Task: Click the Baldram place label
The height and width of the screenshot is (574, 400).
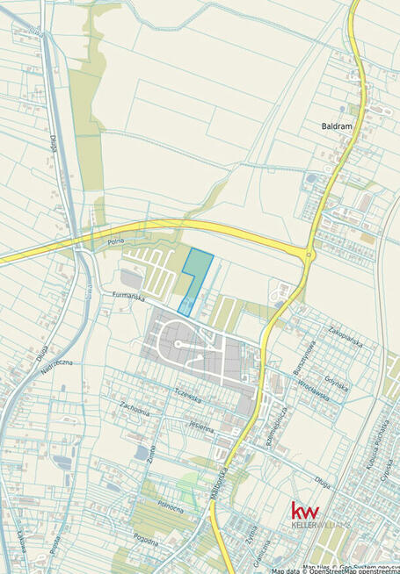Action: [x=337, y=126]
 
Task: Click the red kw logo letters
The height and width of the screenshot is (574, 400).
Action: [x=305, y=512]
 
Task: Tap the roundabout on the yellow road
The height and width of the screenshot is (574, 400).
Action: [x=308, y=256]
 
